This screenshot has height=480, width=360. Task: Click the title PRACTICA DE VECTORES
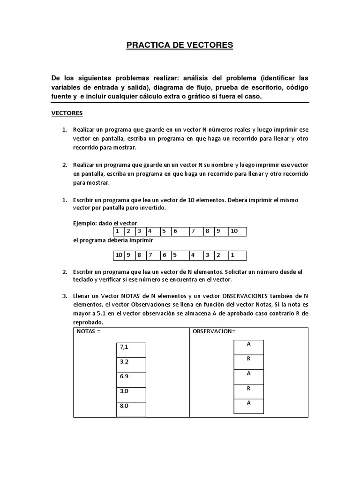[180, 45]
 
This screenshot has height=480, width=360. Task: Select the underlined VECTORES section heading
[67, 113]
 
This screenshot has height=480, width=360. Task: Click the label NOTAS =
[89, 332]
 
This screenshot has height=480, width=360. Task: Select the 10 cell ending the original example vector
[237, 231]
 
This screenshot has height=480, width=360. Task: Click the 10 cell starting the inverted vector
[119, 255]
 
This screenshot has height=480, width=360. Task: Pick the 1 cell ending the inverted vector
[237, 255]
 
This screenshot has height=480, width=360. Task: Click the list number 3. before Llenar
[65, 296]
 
